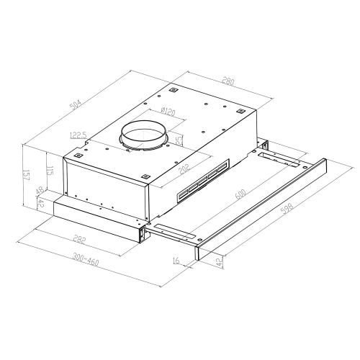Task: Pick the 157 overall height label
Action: click(x=27, y=174)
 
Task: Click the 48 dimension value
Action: click(x=39, y=192)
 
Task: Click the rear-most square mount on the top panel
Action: click(x=174, y=91)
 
